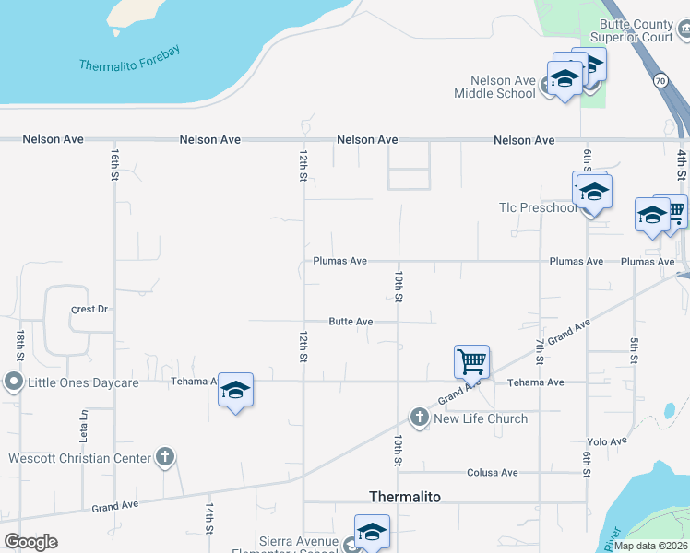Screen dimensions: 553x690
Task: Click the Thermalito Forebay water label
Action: point(129,59)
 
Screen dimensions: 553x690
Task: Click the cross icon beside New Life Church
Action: point(419,418)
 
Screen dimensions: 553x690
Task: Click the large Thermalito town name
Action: point(405,497)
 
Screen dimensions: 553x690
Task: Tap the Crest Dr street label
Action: point(89,310)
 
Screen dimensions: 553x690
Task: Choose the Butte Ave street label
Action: point(351,322)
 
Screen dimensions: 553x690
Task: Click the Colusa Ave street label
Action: point(493,472)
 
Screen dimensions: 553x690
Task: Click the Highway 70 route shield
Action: point(660,80)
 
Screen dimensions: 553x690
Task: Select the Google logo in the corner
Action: point(30,542)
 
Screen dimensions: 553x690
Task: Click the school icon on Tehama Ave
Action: point(235,391)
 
